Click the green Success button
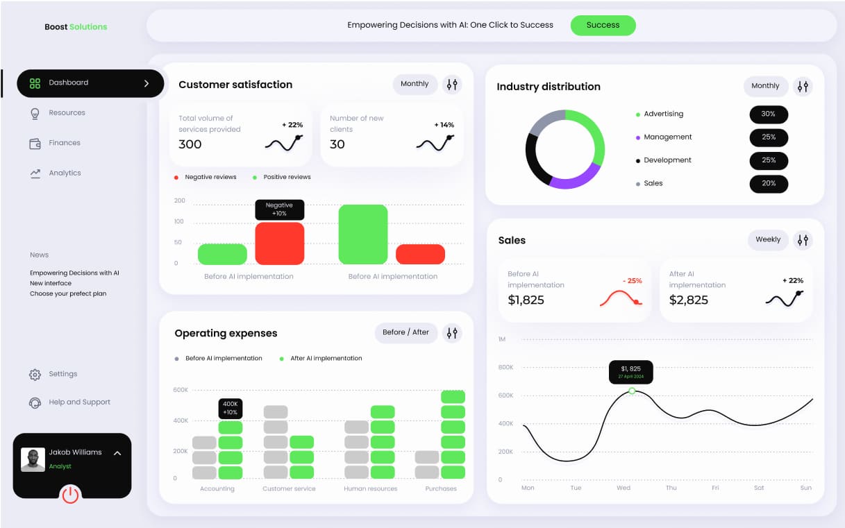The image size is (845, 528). coord(603,26)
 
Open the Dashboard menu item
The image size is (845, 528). coord(90,83)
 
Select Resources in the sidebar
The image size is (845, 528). coord(67,113)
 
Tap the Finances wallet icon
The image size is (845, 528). coord(35,144)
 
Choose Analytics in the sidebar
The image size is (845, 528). coord(65,173)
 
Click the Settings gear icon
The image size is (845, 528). coord(35,375)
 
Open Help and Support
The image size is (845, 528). coord(79,402)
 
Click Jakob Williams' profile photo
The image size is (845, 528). coord(33,459)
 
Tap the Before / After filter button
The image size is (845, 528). coord(405,333)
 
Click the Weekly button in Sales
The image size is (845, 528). coord(768,240)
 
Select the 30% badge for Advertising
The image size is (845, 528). coord(768,114)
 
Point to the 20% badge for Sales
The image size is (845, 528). coord(768,184)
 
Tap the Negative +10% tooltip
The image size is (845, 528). coord(279,210)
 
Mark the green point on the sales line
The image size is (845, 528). coord(632,391)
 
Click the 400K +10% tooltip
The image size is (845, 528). coord(231,408)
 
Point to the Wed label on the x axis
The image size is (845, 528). coord(624,488)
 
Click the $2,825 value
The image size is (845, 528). coord(689,300)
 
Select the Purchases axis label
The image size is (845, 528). coord(441,489)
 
